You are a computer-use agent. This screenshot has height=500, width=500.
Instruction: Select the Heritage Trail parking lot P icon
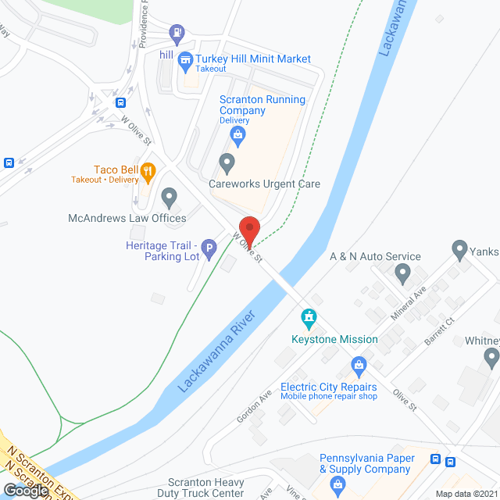209,250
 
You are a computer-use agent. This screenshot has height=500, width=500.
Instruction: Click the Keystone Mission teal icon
309,319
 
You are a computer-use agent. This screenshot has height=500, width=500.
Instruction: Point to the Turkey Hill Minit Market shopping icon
185,59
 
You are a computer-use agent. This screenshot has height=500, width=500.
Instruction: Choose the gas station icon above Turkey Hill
177,32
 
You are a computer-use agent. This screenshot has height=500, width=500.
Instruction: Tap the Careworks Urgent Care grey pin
227,164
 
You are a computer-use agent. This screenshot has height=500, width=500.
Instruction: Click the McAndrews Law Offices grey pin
169,197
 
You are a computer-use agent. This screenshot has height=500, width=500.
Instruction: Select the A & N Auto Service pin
402,274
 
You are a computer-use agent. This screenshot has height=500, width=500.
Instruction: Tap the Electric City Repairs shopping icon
359,365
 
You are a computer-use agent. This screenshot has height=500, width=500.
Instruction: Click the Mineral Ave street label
409,305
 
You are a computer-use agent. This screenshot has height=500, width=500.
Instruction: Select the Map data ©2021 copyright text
466,494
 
